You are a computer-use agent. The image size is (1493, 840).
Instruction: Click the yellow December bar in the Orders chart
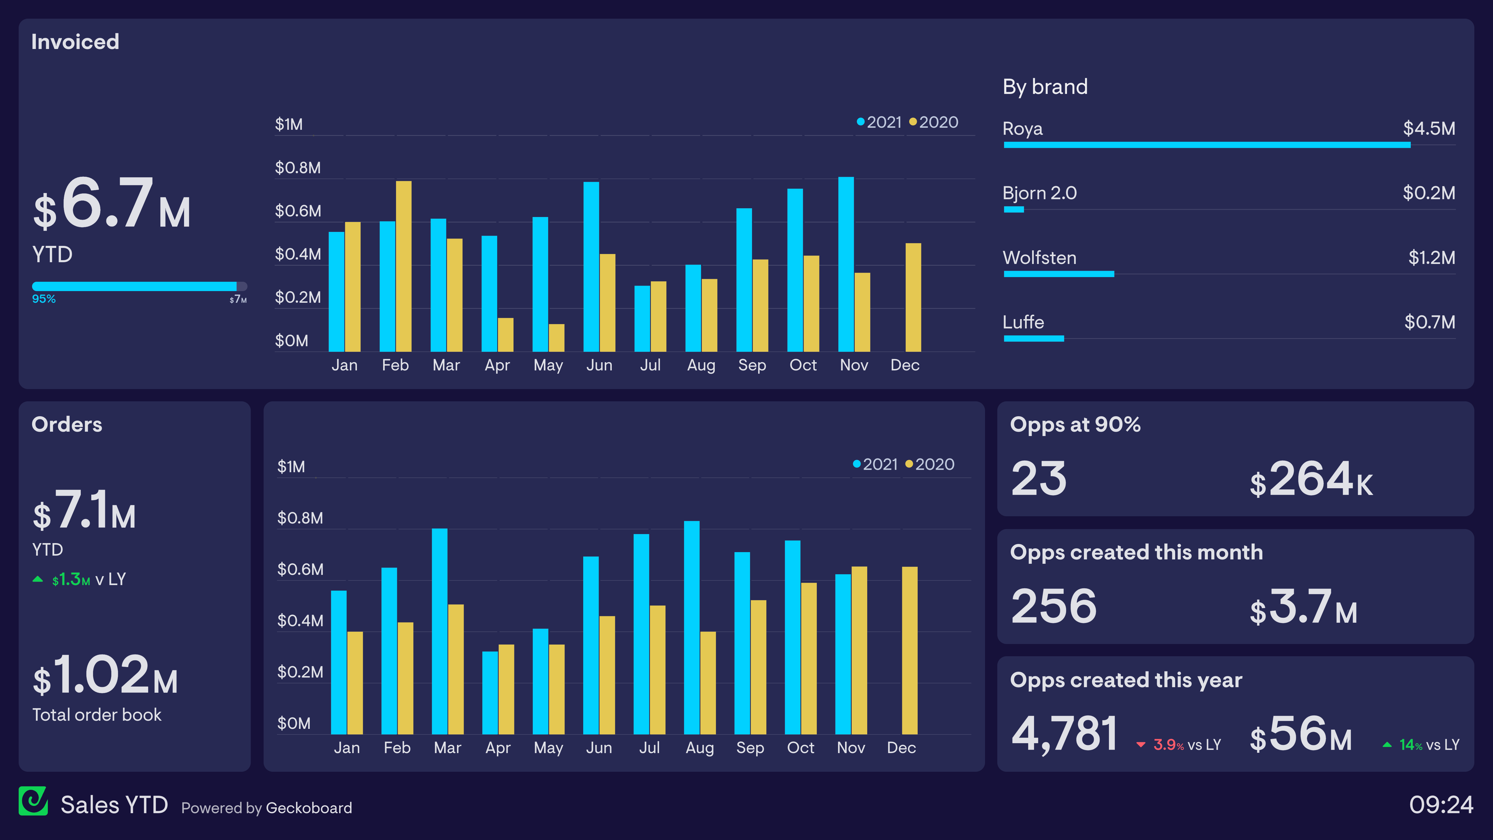tap(910, 650)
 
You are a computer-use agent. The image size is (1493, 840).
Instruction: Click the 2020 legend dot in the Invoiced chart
tap(913, 122)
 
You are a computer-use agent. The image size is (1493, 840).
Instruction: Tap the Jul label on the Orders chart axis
tap(649, 748)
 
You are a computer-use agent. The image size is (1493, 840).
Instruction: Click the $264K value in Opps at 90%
tap(1311, 480)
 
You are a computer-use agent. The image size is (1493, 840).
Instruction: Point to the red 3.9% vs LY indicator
tap(1179, 745)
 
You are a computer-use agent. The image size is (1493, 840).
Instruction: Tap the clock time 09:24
tap(1441, 805)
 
